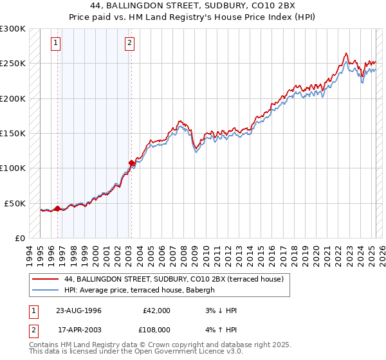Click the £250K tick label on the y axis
pos(13,64)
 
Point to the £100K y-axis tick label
pos(13,168)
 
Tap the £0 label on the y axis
pos(19,238)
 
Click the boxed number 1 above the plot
pos(56,43)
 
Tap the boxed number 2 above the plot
pos(129,43)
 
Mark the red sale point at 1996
pos(57,208)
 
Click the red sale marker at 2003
pos(131,163)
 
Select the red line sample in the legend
pos(45,279)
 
